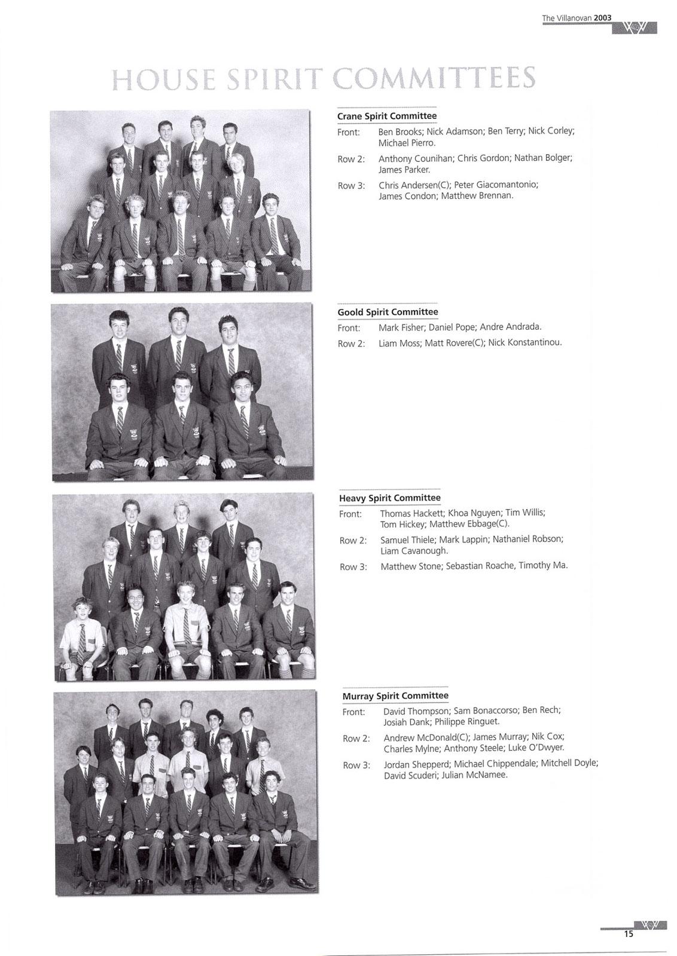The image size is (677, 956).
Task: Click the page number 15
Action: coord(628,934)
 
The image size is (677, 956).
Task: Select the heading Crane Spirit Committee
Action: coord(386,116)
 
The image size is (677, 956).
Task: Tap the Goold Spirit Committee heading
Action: coord(388,312)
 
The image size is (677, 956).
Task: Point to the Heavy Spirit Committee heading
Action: coord(389,498)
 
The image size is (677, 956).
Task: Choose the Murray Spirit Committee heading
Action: coord(395,695)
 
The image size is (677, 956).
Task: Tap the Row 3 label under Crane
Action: coord(351,186)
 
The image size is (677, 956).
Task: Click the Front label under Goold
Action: coord(349,328)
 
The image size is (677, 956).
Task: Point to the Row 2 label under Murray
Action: coord(356,739)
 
